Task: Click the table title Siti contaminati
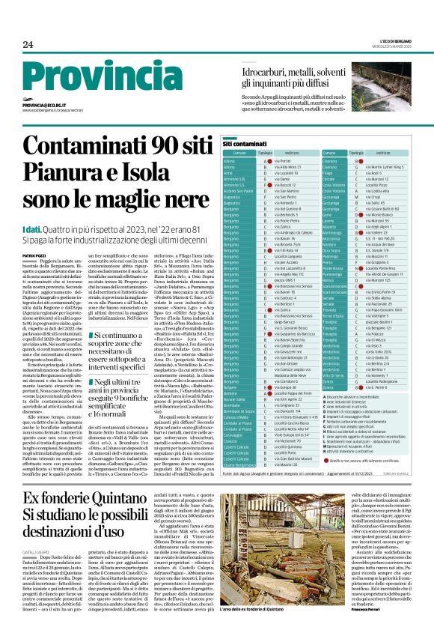[241, 142]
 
